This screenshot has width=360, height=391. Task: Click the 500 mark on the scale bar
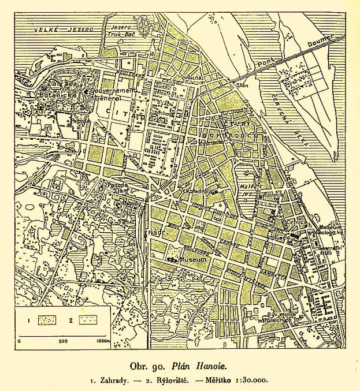[x=64, y=341]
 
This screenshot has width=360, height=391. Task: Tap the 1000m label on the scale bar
[x=102, y=341]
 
